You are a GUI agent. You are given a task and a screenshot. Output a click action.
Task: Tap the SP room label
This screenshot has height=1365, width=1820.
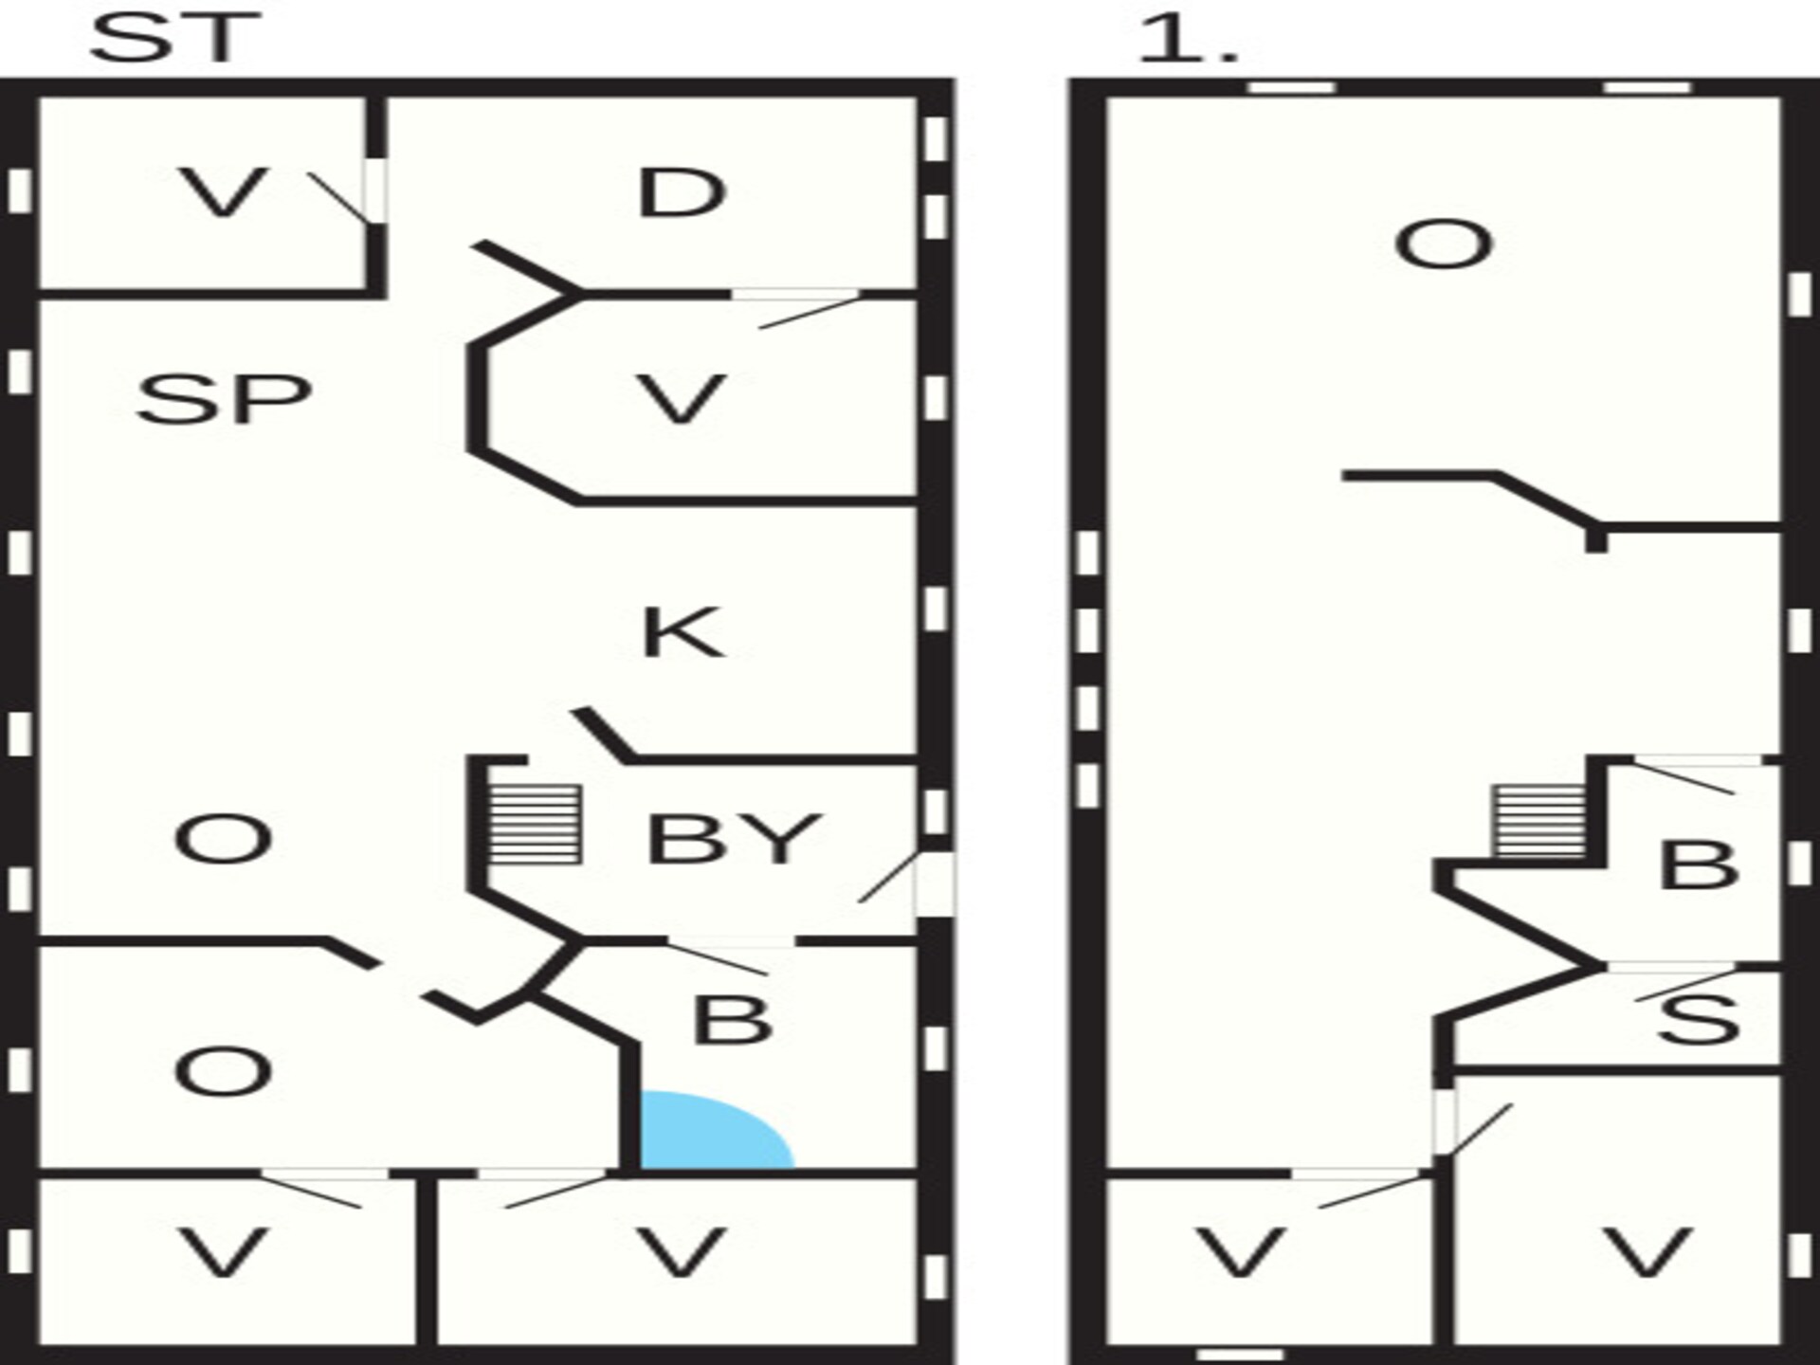click(224, 399)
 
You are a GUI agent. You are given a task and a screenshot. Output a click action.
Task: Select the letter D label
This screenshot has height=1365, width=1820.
click(682, 193)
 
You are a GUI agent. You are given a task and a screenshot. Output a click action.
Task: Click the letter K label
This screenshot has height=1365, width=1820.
click(682, 632)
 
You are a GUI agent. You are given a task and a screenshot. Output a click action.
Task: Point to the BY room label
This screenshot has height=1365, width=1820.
click(734, 839)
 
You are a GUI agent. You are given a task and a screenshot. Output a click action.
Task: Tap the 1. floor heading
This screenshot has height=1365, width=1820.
click(1187, 39)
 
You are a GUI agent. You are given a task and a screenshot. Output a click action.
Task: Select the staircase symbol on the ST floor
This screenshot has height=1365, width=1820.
click(534, 823)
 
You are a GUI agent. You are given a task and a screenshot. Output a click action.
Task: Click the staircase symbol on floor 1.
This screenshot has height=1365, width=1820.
click(1540, 821)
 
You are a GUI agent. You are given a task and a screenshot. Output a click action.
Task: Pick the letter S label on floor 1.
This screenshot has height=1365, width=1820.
click(1699, 1019)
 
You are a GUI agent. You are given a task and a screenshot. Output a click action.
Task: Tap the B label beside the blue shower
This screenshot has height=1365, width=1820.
click(732, 1020)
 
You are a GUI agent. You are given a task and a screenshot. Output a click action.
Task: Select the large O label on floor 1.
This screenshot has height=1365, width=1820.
click(1444, 245)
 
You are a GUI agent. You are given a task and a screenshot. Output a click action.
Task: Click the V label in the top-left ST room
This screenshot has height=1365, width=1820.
click(224, 193)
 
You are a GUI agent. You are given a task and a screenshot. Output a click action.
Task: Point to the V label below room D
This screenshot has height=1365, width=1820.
click(682, 399)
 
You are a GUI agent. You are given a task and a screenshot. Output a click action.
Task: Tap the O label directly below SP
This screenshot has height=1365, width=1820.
click(224, 839)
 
